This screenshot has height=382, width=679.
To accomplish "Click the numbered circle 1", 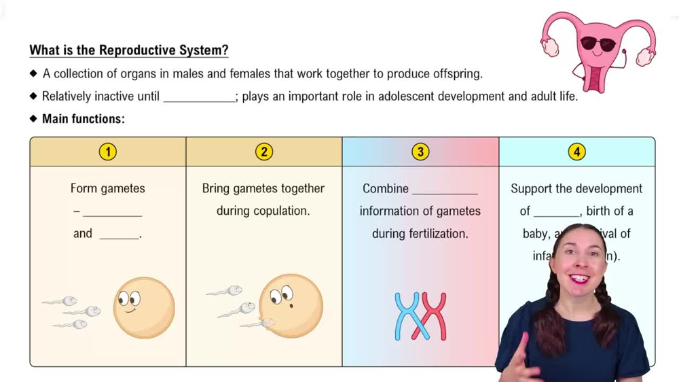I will [x=107, y=152].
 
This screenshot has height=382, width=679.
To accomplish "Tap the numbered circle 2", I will [x=263, y=152].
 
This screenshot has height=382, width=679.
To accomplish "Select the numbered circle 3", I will [x=420, y=152].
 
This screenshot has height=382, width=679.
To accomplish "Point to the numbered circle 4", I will [x=576, y=152].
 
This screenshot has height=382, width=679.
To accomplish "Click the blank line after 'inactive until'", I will [x=198, y=97].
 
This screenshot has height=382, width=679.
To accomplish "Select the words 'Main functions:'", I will [x=84, y=119].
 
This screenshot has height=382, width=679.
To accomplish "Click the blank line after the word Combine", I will [x=445, y=190].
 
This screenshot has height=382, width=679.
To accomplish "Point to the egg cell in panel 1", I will [x=143, y=308].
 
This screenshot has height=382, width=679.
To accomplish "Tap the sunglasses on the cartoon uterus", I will [x=598, y=45].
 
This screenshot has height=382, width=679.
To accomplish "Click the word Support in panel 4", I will [x=532, y=188].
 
